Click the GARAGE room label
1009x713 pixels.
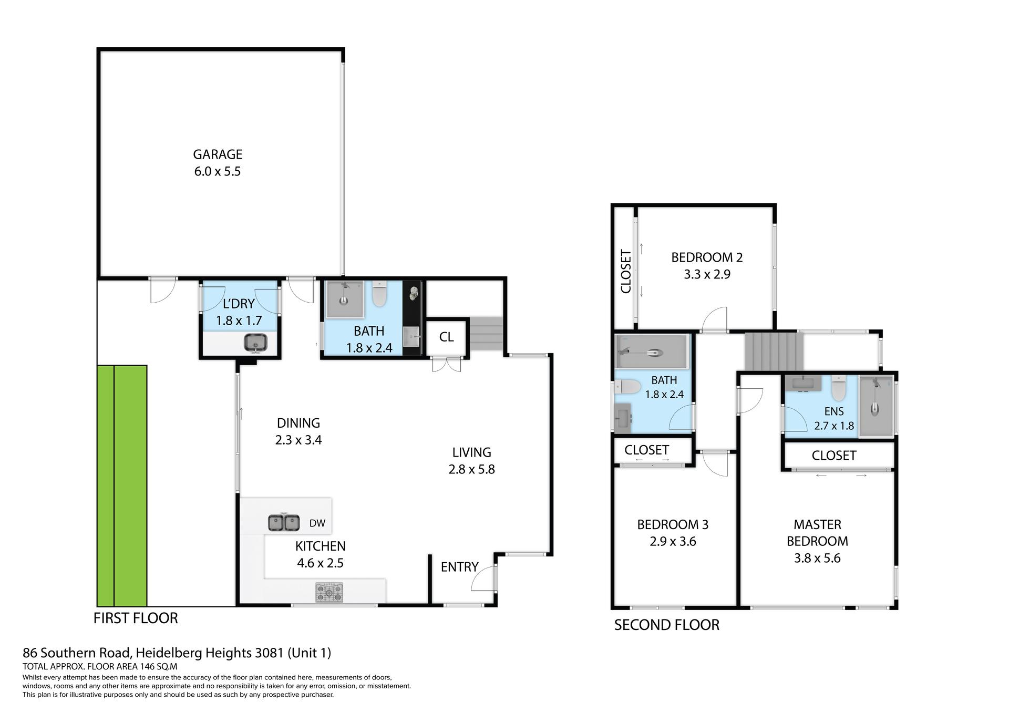tap(218, 154)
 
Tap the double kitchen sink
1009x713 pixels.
tap(284, 523)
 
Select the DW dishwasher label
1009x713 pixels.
tap(317, 523)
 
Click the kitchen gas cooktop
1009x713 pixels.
tap(329, 593)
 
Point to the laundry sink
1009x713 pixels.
tap(256, 343)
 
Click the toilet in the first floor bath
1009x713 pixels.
tap(379, 294)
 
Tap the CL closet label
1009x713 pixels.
tap(446, 337)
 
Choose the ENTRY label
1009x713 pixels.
tap(459, 567)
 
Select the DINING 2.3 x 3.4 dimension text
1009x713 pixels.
tap(298, 440)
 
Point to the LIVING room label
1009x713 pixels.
tap(472, 452)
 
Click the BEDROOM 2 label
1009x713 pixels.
tap(707, 257)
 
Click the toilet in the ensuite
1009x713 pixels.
tap(838, 389)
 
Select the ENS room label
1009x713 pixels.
tap(834, 412)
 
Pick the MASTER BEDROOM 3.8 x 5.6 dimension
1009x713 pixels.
tap(817, 558)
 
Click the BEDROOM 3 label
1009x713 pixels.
tap(673, 524)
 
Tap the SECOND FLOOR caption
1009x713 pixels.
tap(667, 625)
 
